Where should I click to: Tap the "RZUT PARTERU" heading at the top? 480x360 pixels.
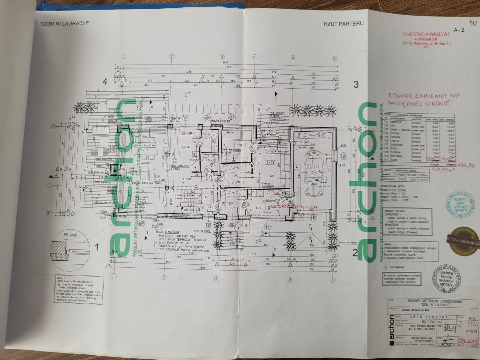pyautogui.click(x=344, y=24)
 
